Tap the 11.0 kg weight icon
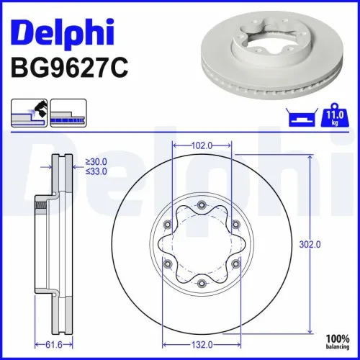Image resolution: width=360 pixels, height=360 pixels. (x=333, y=115)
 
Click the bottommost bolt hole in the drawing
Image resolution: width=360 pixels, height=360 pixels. (x=201, y=283)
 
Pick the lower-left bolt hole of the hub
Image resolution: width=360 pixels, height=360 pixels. (x=168, y=264)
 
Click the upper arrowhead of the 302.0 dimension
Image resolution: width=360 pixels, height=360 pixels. (x=310, y=160)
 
